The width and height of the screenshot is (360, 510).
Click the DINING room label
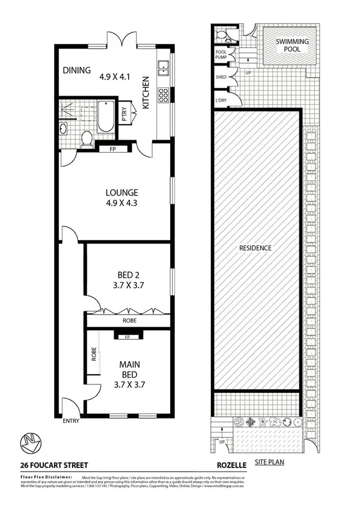[x=76, y=70]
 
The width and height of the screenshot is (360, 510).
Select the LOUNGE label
[x=122, y=192]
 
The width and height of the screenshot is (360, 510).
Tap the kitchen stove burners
[x=162, y=94]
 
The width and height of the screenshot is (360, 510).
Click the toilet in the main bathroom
[x=86, y=138]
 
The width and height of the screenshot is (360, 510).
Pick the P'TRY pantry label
[x=124, y=114]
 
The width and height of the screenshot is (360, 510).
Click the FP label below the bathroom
[x=114, y=149]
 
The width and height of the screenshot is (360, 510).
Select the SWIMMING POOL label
[x=293, y=46]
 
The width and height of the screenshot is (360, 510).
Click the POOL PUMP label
[x=221, y=55]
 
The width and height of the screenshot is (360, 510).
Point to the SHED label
[x=220, y=78]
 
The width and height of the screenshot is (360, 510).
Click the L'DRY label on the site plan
[x=220, y=100]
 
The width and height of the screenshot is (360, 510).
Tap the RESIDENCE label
[x=255, y=248]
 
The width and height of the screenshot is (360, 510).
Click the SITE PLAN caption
[x=269, y=462]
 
